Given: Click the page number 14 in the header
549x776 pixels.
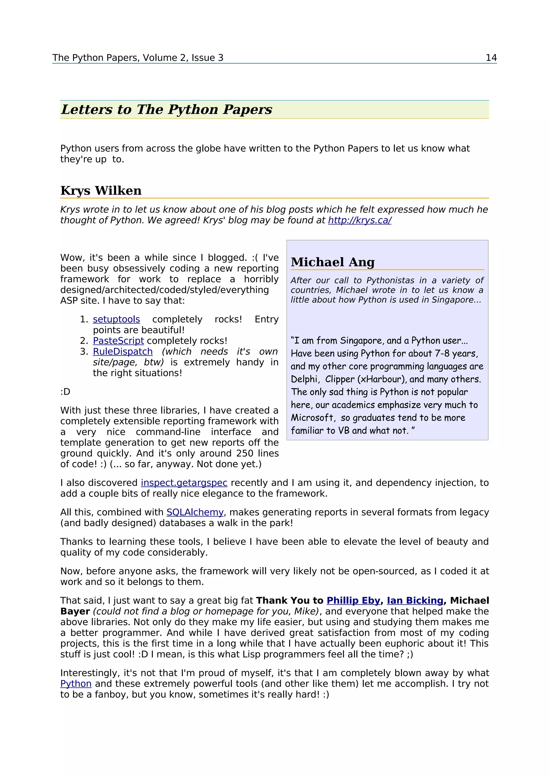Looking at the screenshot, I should tap(491, 58).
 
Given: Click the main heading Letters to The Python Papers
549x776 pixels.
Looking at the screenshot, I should tap(166, 110).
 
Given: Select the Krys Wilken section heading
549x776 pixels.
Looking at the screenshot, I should tap(101, 191).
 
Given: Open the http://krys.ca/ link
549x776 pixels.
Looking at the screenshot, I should tap(359, 220).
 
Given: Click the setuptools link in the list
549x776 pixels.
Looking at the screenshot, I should tap(116, 319).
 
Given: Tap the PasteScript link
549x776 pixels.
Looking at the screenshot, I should tap(118, 341).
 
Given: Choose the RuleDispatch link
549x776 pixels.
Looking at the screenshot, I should tap(123, 352).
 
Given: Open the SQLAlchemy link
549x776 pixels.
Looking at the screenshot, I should tap(195, 512).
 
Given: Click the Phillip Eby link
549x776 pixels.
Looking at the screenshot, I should tap(354, 601).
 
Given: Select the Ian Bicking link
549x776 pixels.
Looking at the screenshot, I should tap(415, 601).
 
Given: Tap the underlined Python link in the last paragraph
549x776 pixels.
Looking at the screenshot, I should tap(76, 684).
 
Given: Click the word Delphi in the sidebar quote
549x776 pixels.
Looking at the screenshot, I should tap(304, 379).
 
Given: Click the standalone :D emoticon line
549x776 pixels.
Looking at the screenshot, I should tap(65, 392).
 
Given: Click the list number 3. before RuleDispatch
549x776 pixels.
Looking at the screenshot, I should tap(84, 352).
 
